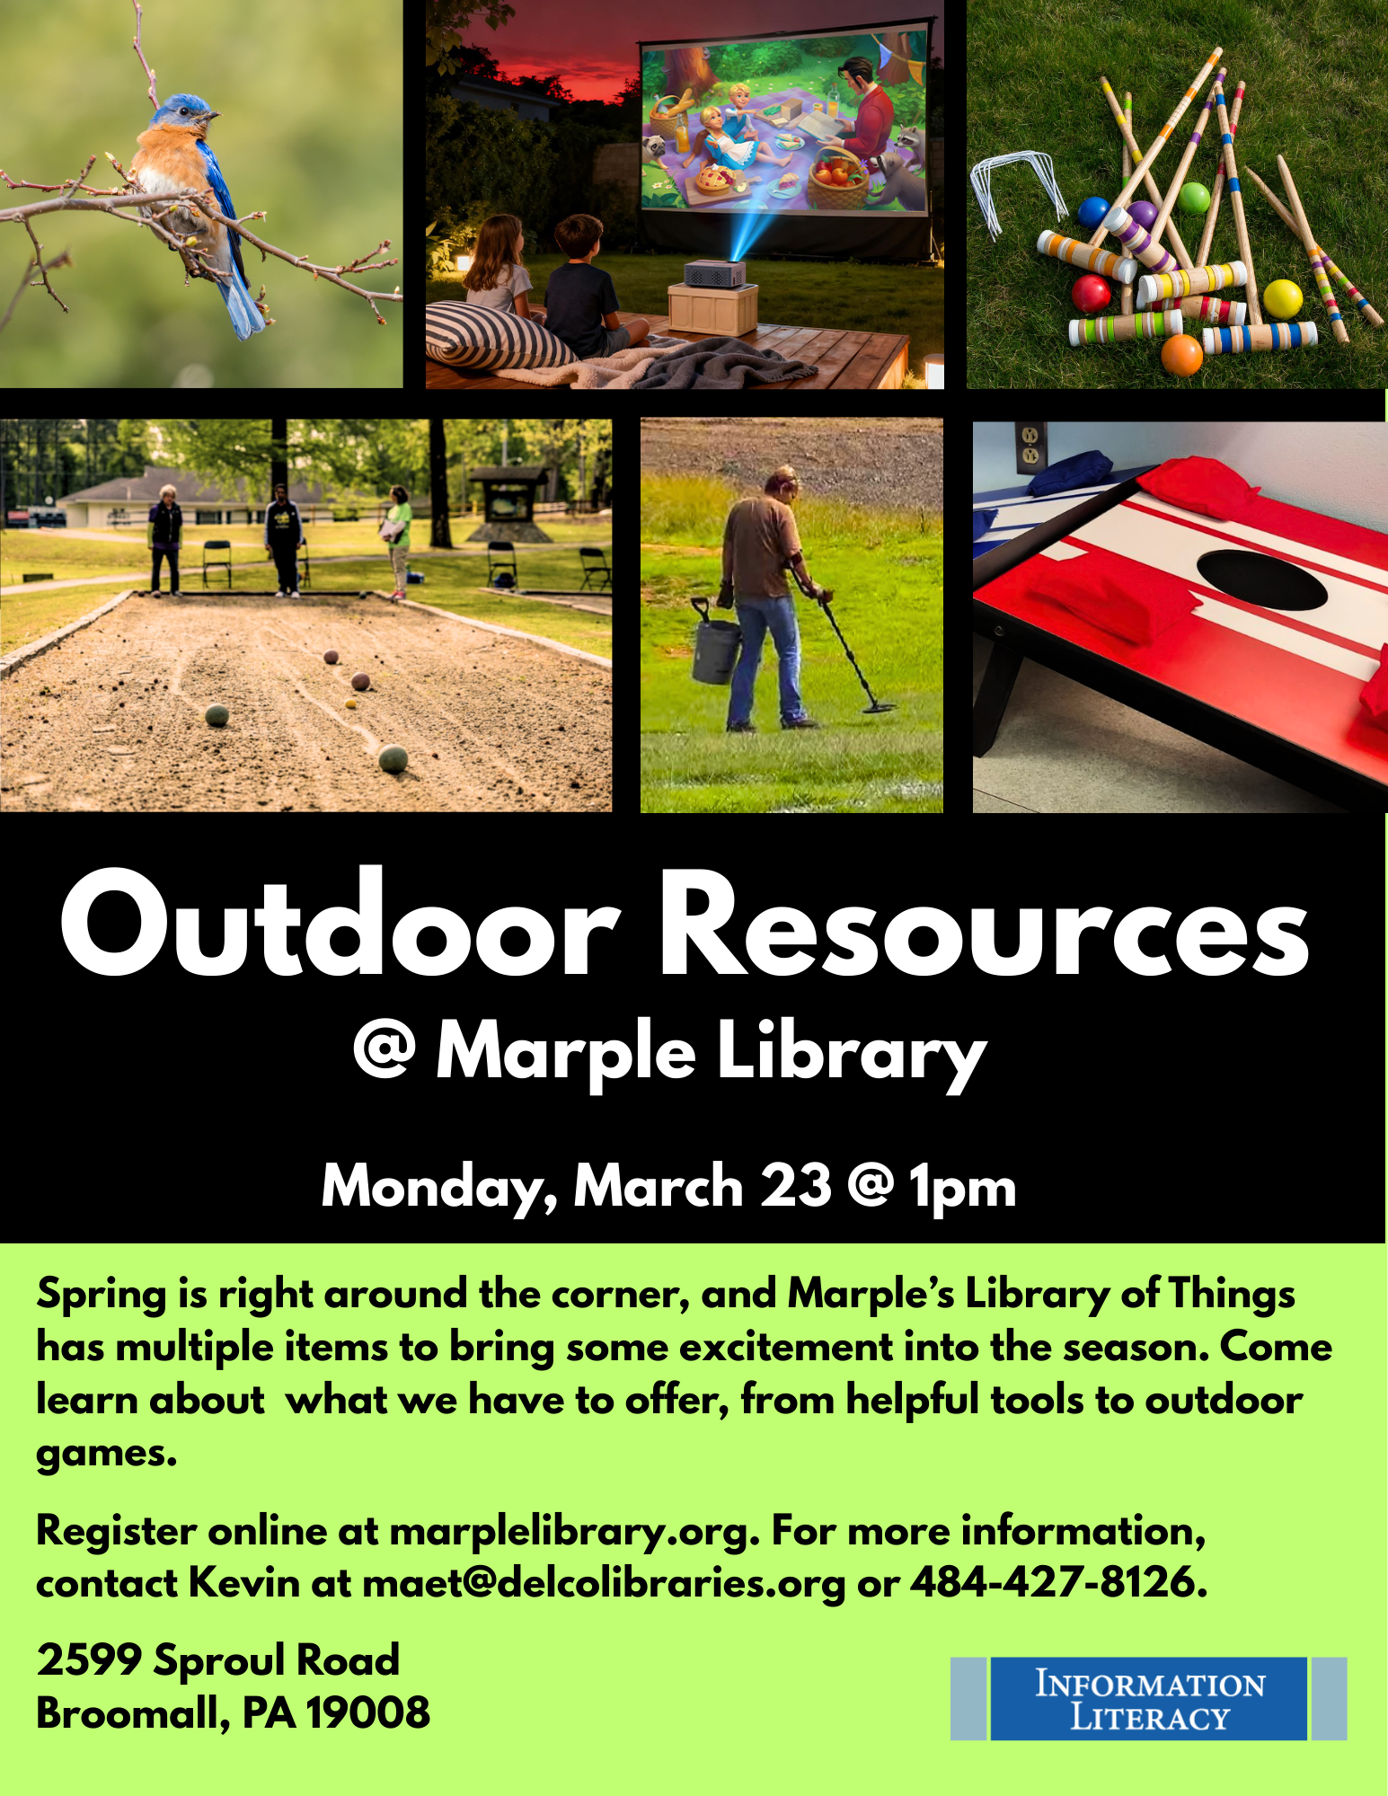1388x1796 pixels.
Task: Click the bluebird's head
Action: click(183, 115)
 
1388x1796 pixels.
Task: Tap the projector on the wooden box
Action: click(716, 273)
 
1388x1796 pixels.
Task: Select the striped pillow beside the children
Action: click(490, 333)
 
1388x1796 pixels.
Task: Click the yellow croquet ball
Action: click(1282, 299)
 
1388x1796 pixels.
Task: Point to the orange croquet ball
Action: click(1181, 354)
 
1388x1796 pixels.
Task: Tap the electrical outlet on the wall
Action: click(1029, 447)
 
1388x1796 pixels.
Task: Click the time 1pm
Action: click(962, 1189)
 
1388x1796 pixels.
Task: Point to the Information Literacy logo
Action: click(1148, 1698)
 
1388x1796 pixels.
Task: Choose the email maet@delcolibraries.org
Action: click(604, 1583)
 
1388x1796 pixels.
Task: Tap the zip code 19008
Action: click(368, 1712)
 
